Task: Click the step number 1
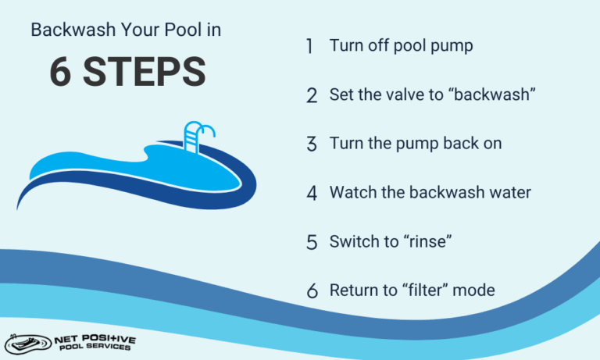click(x=310, y=46)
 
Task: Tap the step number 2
click(x=311, y=96)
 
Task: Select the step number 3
click(x=311, y=144)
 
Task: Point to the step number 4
click(x=312, y=193)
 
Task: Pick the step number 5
click(x=311, y=242)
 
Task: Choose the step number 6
click(x=312, y=291)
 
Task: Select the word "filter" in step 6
click(x=426, y=290)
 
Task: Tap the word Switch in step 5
click(x=353, y=242)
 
